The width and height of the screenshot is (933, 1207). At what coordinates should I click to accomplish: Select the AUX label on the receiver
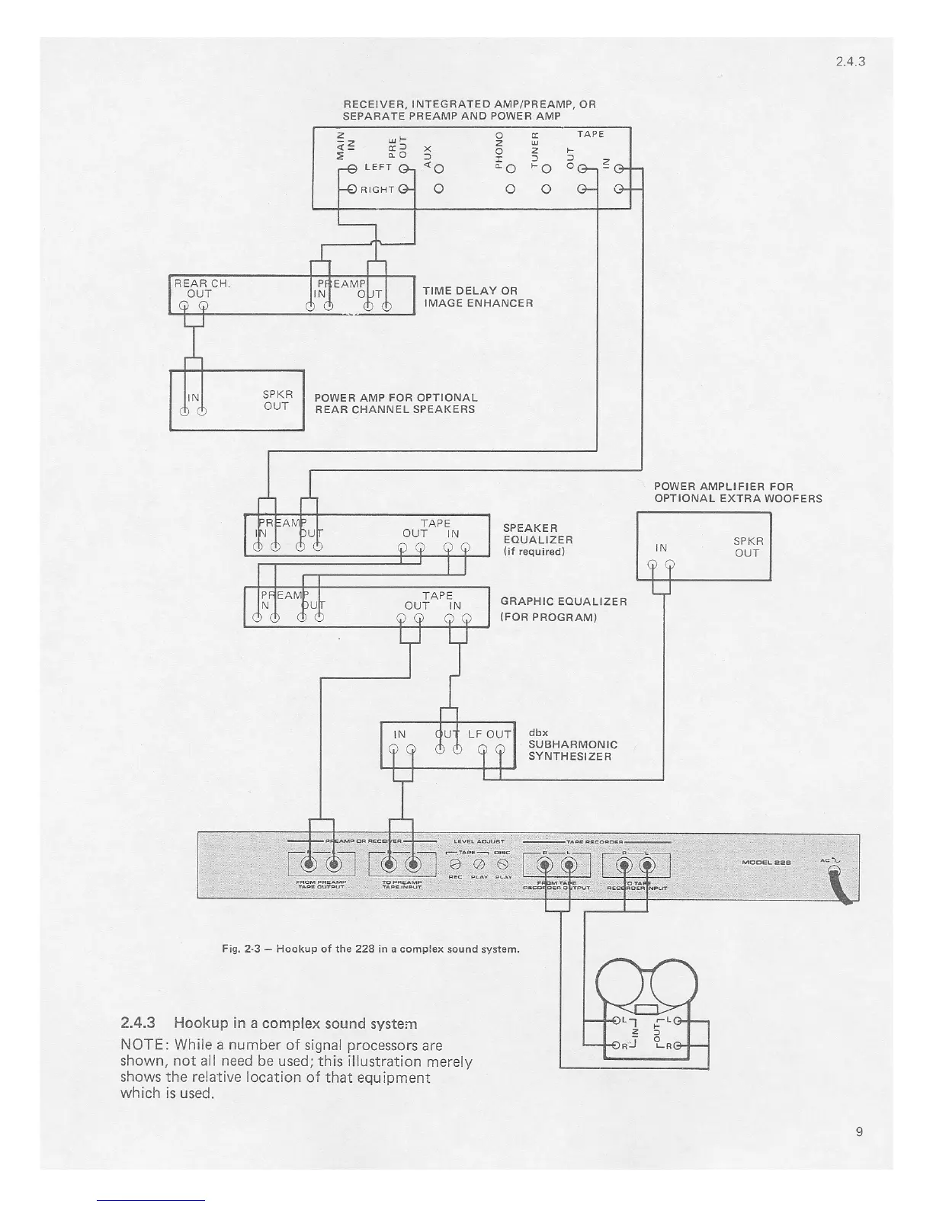(428, 154)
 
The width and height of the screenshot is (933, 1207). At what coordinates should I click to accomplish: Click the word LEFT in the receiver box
(378, 167)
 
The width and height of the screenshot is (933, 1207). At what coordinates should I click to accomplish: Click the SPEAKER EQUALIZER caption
(537, 539)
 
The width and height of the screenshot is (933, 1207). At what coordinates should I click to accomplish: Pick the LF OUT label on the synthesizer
(489, 734)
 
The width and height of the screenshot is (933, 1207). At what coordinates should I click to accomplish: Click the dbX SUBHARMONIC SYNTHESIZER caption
(572, 744)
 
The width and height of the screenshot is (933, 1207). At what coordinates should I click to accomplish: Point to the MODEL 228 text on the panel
(765, 863)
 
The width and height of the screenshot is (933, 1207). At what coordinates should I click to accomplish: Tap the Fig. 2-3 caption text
(371, 949)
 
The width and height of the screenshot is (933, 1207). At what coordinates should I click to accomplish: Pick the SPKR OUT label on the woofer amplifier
(748, 547)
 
